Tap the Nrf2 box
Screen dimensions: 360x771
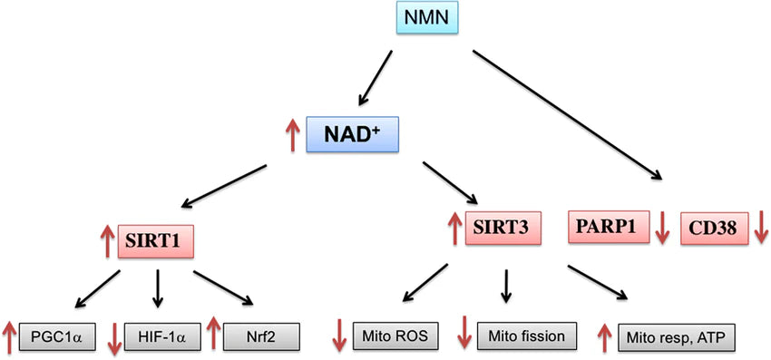pos(262,336)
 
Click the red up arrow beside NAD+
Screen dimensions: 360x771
pos(291,136)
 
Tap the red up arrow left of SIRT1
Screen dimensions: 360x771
pos(106,241)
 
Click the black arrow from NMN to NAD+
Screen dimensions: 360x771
pos(376,77)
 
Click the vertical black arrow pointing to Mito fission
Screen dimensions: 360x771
pos(506,285)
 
